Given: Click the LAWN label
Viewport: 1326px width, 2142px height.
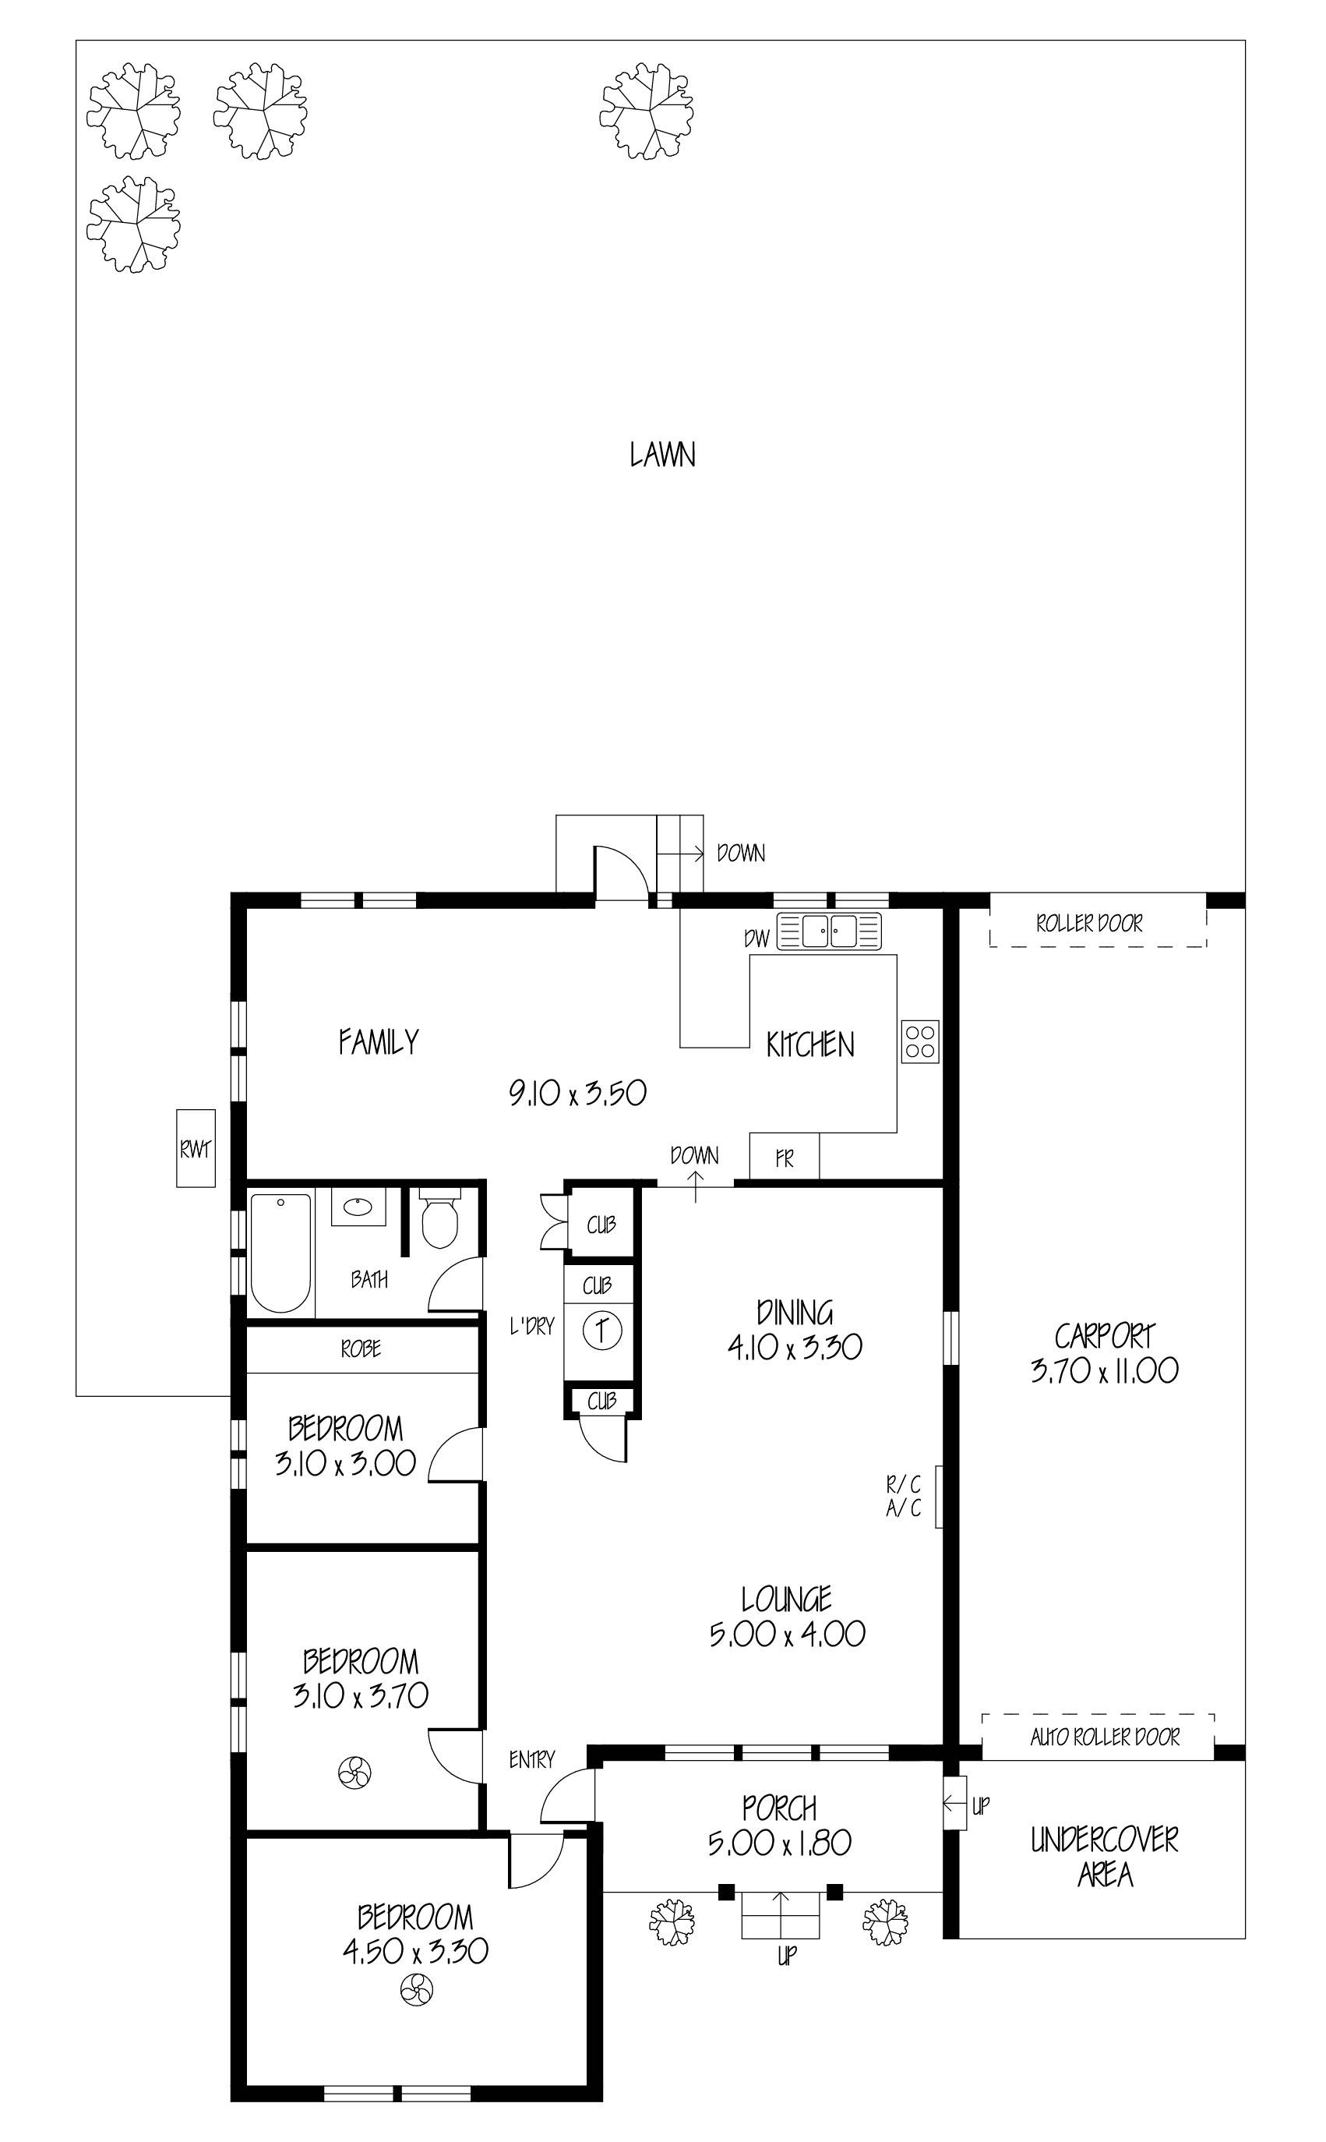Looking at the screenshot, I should [662, 455].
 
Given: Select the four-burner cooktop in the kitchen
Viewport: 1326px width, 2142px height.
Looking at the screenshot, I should [920, 1041].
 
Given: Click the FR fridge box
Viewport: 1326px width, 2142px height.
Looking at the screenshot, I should [784, 1158].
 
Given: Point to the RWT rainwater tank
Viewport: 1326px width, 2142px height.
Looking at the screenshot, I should [196, 1148].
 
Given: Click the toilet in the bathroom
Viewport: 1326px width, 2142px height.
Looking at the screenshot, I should [439, 1221].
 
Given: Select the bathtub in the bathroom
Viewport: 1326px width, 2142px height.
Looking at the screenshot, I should [280, 1253].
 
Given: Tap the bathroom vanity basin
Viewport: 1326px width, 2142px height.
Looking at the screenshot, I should [357, 1208].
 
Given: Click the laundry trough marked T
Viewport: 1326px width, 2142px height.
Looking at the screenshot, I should [601, 1331].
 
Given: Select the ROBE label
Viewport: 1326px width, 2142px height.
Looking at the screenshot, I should [361, 1348].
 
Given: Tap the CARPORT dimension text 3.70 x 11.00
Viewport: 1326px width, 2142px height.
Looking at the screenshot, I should [1104, 1370].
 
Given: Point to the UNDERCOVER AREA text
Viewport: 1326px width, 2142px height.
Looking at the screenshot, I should [1104, 1856].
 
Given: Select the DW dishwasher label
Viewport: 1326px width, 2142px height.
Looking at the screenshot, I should [756, 938].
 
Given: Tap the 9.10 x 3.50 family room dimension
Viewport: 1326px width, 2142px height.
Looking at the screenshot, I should [578, 1093].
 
